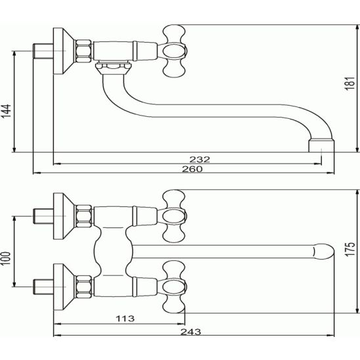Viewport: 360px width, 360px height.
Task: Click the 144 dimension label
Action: pos(7,111)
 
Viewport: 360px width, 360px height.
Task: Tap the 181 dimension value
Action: pos(350,83)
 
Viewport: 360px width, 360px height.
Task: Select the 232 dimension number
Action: pos(200,160)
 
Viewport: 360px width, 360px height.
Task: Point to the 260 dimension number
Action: pos(192,169)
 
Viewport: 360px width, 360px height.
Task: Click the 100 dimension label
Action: pos(6,258)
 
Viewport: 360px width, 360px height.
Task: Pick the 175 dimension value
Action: pos(350,249)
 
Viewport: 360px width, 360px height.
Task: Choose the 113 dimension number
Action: pos(125,319)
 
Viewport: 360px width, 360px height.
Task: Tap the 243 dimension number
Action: pos(191,332)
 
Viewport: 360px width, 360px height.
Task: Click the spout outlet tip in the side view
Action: pos(321,146)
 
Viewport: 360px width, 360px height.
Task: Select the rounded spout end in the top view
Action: pos(324,252)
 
